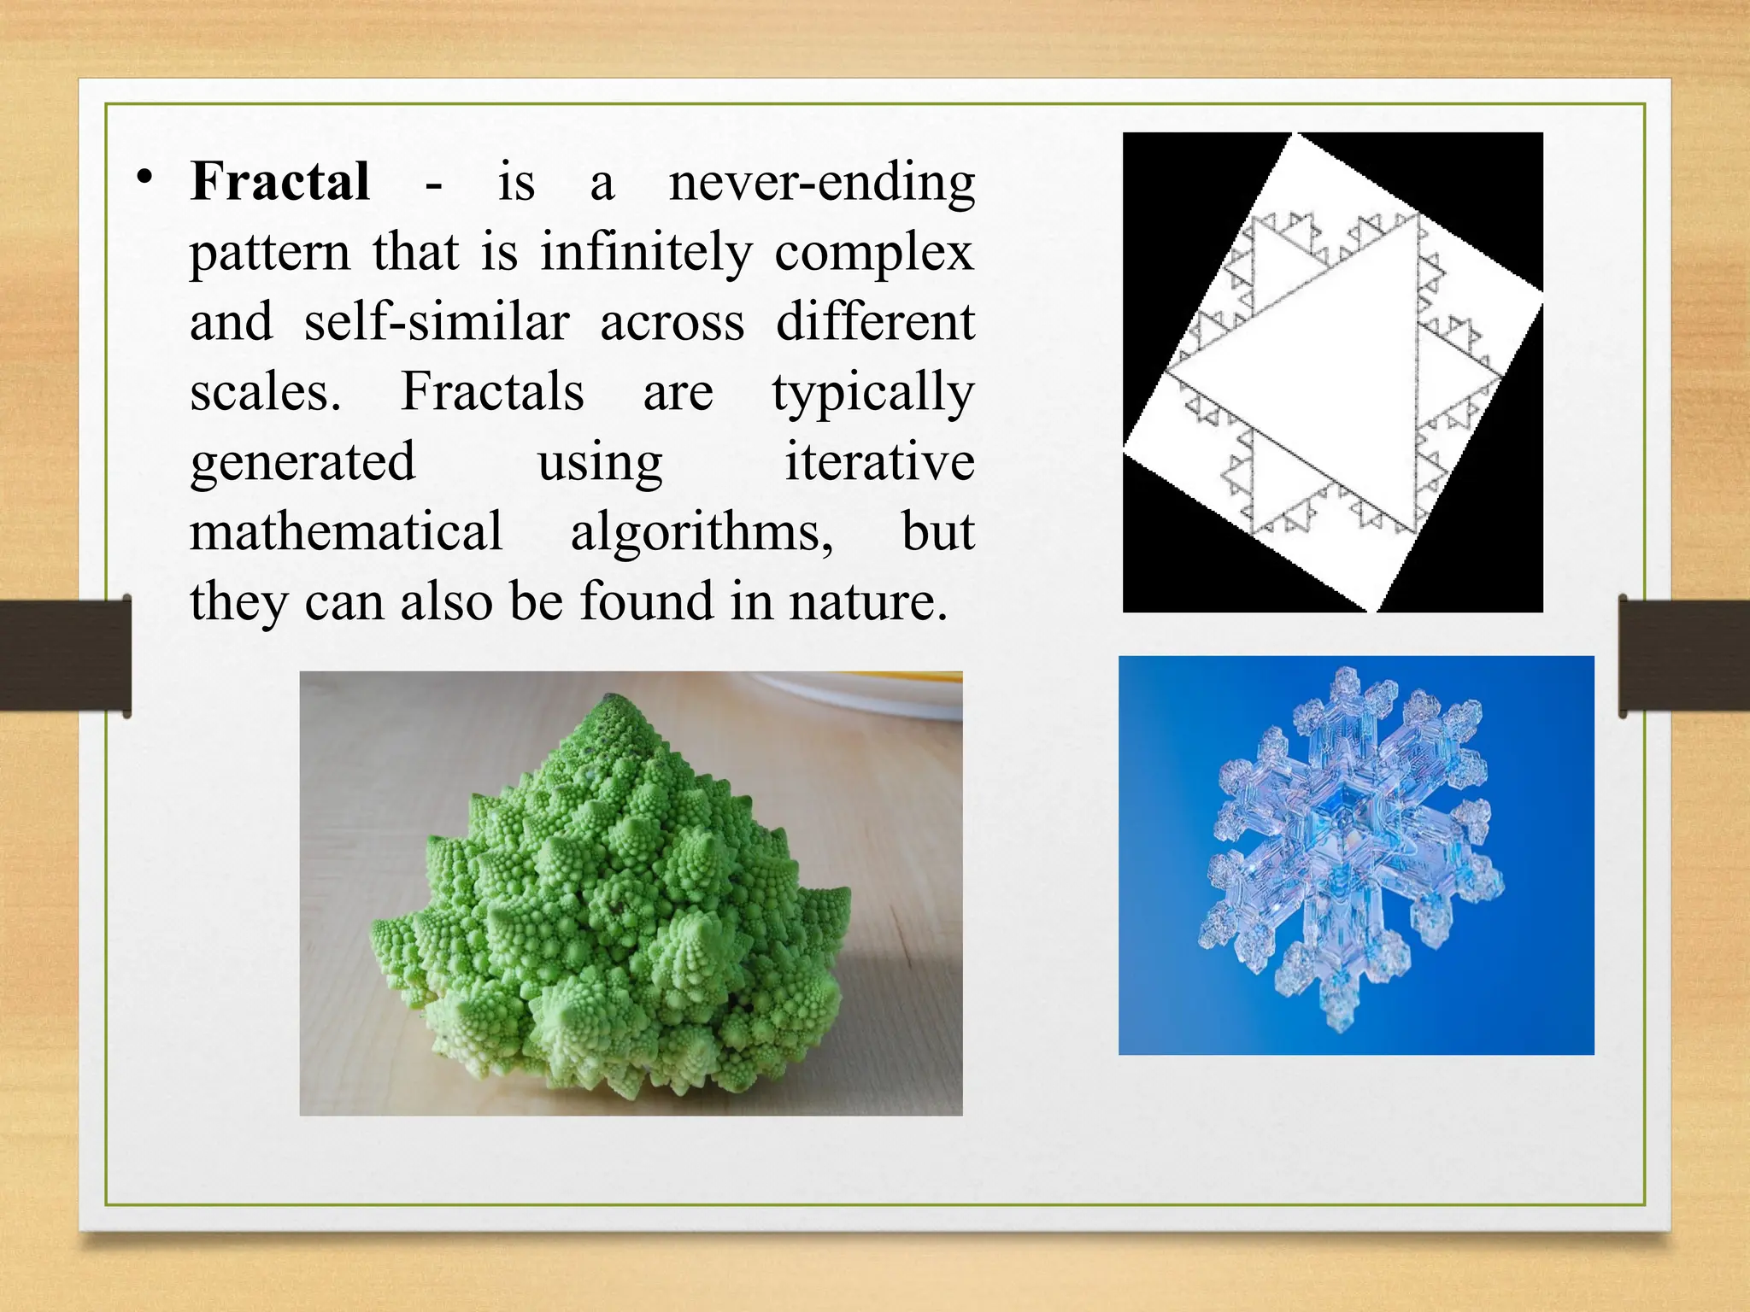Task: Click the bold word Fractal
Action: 280,182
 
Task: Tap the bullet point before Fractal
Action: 144,178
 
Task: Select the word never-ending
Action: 821,182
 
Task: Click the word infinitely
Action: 646,253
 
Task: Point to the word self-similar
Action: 437,323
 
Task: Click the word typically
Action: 872,393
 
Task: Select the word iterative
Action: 879,463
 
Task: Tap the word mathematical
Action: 346,532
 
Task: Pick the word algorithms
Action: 702,532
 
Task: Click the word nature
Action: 867,602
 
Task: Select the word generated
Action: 302,463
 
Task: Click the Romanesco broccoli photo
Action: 631,893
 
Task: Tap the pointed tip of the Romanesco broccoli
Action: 610,699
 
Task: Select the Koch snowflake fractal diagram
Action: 1332,372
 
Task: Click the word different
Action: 875,323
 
